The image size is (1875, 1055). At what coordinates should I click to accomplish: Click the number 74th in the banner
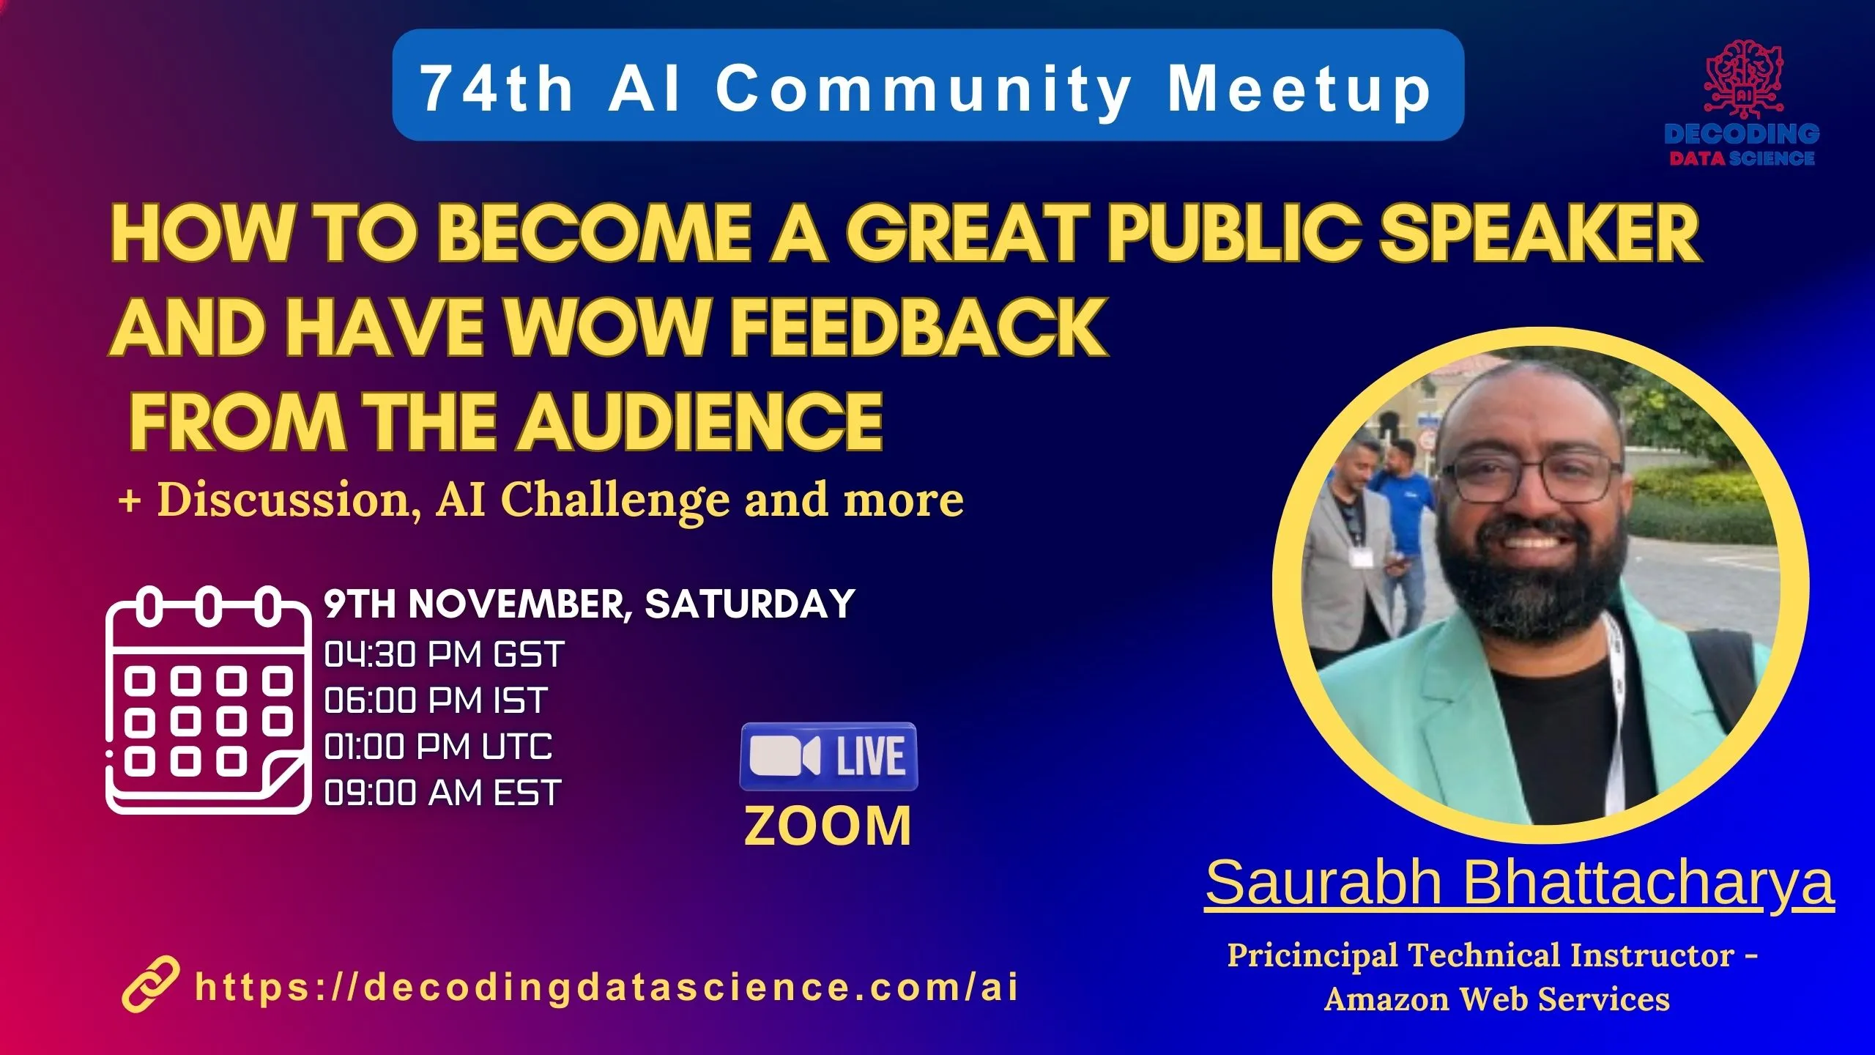pos(497,89)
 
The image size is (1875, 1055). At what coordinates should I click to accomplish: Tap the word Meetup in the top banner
pos(1299,90)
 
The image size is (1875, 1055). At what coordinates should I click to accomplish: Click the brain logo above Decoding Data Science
pos(1743,79)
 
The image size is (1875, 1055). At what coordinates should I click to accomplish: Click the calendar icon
pos(208,700)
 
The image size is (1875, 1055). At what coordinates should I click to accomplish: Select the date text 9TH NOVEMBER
pos(479,605)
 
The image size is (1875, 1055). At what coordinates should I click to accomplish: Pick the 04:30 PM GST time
pos(444,654)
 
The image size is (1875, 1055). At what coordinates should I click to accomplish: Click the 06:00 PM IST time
pos(436,700)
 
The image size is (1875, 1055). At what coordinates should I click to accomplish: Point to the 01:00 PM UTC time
pos(438,747)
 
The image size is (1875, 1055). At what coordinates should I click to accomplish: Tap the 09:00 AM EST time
pos(442,793)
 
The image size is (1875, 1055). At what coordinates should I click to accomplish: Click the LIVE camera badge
pos(828,756)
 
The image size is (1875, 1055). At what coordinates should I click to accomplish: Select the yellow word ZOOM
pos(828,826)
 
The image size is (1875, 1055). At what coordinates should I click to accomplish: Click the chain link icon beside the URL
pos(150,984)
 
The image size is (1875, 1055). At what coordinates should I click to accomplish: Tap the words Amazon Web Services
pos(1497,999)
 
